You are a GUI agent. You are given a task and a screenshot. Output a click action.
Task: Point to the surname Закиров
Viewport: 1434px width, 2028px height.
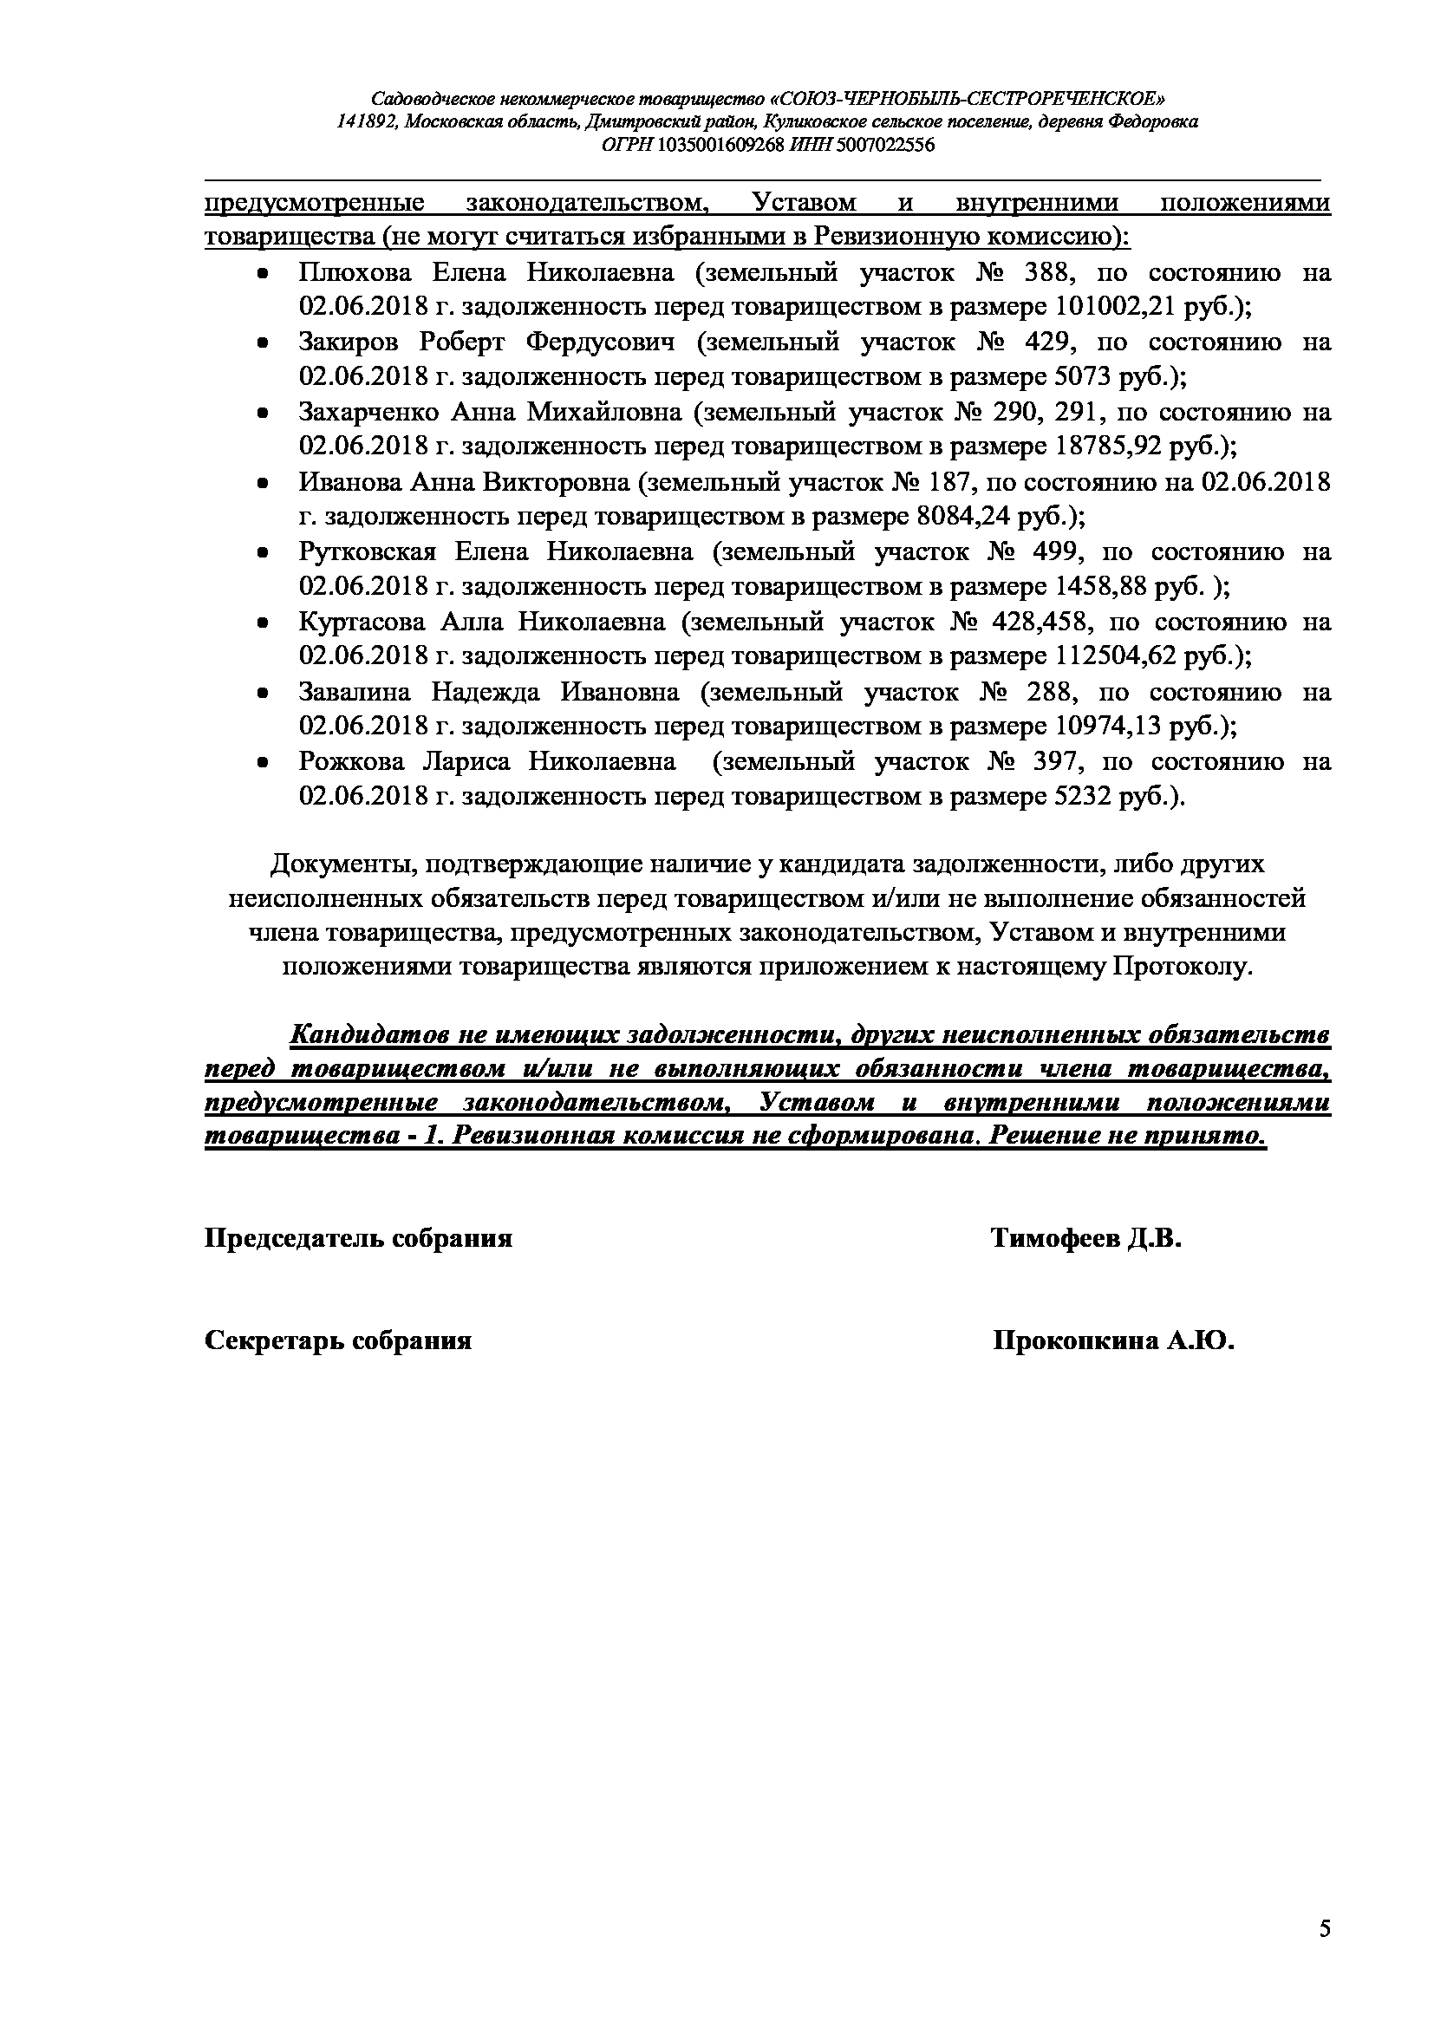pyautogui.click(x=349, y=342)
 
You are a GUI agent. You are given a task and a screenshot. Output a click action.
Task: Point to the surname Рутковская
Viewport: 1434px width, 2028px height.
pyautogui.click(x=368, y=552)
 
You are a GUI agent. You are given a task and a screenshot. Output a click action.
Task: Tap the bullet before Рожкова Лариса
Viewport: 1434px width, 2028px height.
pyautogui.click(x=262, y=762)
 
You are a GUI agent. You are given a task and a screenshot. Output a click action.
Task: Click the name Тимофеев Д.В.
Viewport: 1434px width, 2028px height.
pyautogui.click(x=1085, y=1238)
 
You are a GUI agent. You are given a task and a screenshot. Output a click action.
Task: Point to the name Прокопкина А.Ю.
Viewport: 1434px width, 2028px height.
pyautogui.click(x=1112, y=1340)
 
